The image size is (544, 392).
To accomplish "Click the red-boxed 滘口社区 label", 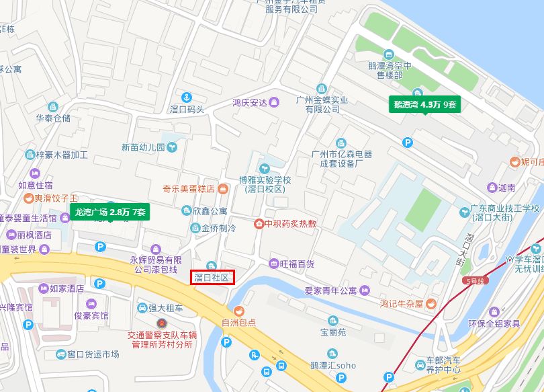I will (212, 277).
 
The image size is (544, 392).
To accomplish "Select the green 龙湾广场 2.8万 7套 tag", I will (111, 212).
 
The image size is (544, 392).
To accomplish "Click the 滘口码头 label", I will (187, 110).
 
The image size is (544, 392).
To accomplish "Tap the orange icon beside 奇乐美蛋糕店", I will (222, 190).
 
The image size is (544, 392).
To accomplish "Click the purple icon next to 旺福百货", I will (273, 264).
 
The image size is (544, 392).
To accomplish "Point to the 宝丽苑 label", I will (332, 332).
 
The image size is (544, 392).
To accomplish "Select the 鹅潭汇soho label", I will (333, 366).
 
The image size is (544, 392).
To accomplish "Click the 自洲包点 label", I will (238, 323).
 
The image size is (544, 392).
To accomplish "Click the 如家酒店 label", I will (66, 288).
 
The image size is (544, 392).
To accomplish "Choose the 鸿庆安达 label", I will (250, 103).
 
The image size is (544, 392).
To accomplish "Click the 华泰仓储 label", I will (53, 118).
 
